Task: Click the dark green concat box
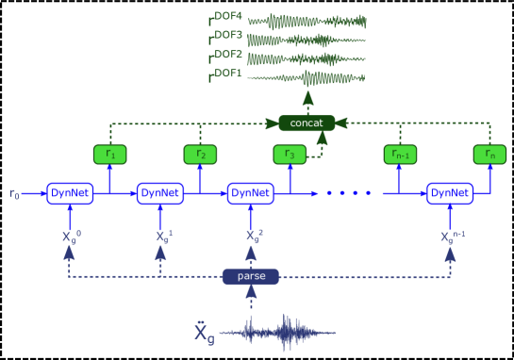click(x=307, y=123)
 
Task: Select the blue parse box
click(x=251, y=276)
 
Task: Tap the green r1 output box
click(x=109, y=154)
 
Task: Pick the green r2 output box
click(x=199, y=154)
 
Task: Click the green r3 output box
click(x=290, y=154)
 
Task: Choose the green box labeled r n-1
click(x=400, y=154)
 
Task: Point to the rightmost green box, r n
click(x=489, y=154)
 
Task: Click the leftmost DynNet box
click(x=70, y=193)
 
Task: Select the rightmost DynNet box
click(x=450, y=193)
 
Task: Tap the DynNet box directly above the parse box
click(x=251, y=193)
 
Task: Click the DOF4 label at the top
click(x=227, y=17)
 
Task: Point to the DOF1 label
click(x=227, y=74)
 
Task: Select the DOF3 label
click(x=227, y=36)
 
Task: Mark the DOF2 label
click(x=227, y=55)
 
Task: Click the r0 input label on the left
click(x=14, y=193)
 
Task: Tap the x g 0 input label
click(x=71, y=236)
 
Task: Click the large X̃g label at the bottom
click(x=204, y=332)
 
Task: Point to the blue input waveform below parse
click(x=278, y=332)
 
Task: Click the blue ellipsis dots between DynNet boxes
click(x=348, y=193)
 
